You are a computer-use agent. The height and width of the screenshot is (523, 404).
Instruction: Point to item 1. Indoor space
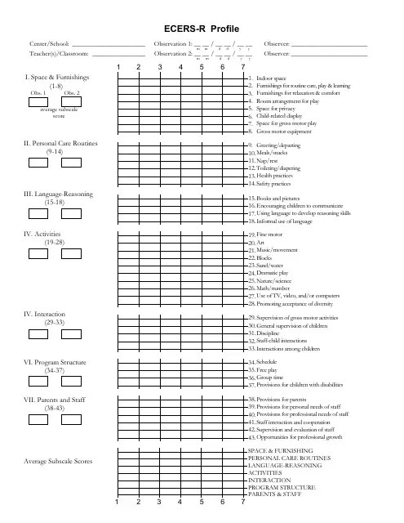[x=271, y=78]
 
